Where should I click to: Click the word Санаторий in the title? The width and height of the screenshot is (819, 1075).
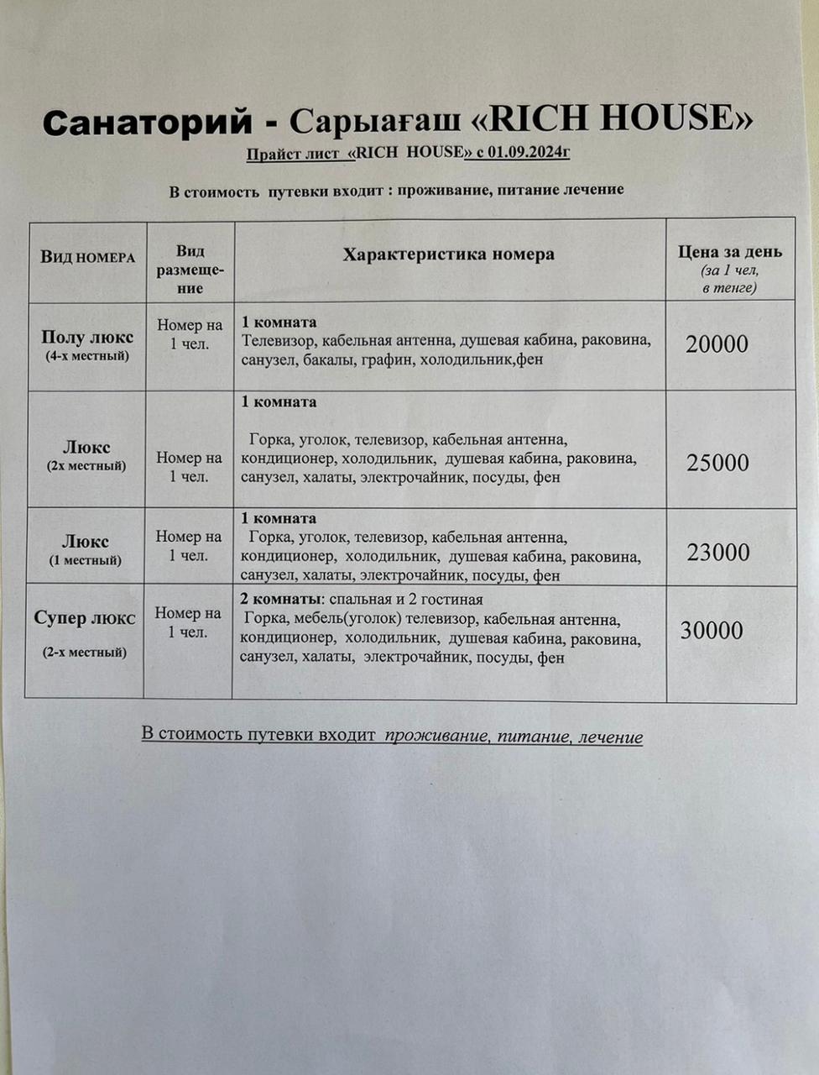[147, 123]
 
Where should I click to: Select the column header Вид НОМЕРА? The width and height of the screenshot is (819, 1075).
[87, 257]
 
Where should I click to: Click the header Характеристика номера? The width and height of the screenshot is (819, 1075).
[448, 254]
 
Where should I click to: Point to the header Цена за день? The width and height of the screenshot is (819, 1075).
[730, 251]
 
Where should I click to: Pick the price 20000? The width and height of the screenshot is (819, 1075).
[717, 344]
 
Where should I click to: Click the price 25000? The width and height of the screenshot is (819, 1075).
[717, 463]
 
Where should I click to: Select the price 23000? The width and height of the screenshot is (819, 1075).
[718, 553]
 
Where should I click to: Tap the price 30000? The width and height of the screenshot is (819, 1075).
[712, 631]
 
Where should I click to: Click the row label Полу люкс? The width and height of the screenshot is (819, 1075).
[87, 337]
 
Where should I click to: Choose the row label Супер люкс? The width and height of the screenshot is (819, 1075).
[85, 618]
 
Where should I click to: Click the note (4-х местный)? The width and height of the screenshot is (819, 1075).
[87, 356]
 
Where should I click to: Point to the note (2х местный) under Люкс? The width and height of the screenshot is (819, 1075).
[86, 465]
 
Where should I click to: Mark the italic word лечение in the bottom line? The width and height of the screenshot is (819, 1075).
[611, 737]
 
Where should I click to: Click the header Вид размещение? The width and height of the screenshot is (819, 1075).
[190, 270]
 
